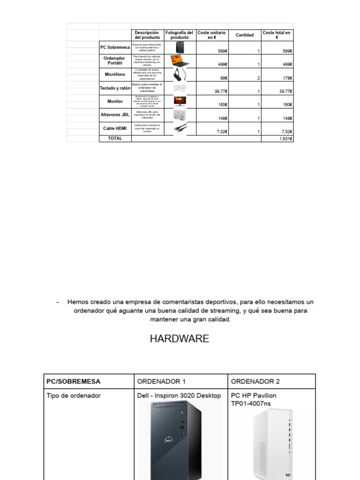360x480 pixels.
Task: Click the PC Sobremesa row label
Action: [115, 47]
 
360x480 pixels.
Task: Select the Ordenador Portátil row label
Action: [115, 60]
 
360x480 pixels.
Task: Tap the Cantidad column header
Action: [244, 35]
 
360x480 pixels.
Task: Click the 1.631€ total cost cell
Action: [284, 139]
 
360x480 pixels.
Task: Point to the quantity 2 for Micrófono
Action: [258, 78]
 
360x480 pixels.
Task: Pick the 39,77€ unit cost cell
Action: [220, 91]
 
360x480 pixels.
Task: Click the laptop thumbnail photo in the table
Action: [180, 60]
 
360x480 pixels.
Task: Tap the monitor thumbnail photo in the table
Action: [180, 101]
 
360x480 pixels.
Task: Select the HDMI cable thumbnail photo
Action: [180, 128]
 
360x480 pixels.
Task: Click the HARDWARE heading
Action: [180, 339]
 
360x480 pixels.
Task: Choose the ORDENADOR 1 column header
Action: [159, 382]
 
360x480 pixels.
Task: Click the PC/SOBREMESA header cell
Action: [74, 382]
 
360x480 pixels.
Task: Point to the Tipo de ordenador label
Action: [74, 396]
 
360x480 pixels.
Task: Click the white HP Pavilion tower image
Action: [272, 443]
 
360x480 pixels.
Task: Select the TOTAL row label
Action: [115, 139]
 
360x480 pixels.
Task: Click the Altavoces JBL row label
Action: [115, 114]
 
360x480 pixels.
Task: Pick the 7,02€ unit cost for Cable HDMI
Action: [222, 132]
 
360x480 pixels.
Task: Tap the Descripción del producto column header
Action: [147, 35]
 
